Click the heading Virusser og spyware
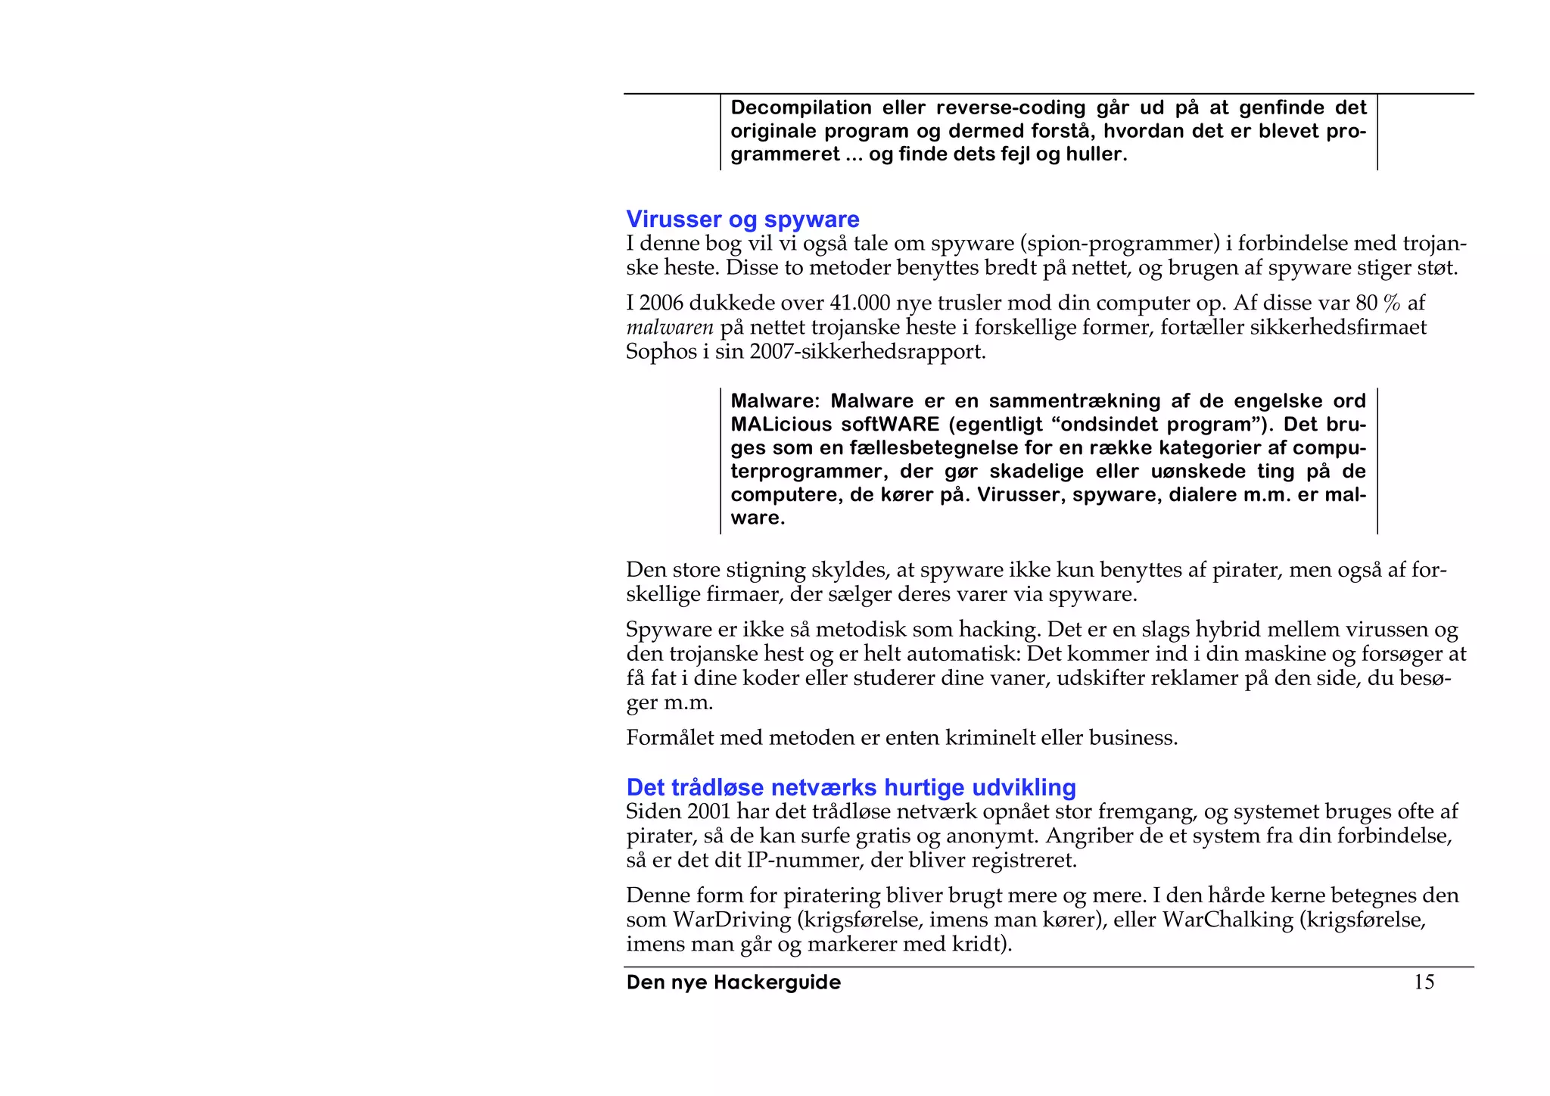tap(742, 220)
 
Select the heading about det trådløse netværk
tap(851, 788)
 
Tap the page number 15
tap(1424, 982)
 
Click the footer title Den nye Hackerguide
tap(733, 982)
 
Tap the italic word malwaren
tap(670, 328)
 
